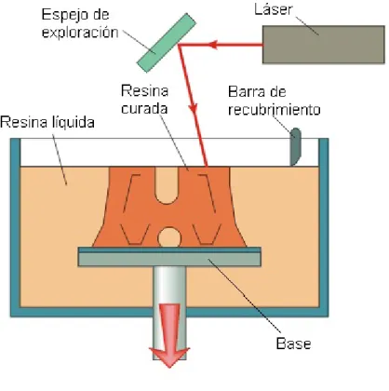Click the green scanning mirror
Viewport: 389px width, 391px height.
point(167,43)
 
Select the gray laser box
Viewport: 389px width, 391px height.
point(324,45)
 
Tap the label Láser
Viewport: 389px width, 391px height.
point(274,9)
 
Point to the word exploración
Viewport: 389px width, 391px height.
point(80,33)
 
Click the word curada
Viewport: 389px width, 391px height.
point(144,108)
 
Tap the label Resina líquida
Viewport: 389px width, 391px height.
point(47,122)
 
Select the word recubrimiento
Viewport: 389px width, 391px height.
point(275,109)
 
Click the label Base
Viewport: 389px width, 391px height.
point(293,344)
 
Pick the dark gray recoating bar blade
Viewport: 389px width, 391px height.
point(295,147)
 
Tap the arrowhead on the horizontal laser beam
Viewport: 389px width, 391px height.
point(212,45)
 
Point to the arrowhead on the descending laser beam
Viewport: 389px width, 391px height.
point(194,107)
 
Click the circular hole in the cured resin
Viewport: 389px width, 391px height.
point(169,238)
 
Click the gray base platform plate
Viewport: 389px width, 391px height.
point(169,257)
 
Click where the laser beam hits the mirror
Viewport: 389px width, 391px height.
point(179,46)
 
